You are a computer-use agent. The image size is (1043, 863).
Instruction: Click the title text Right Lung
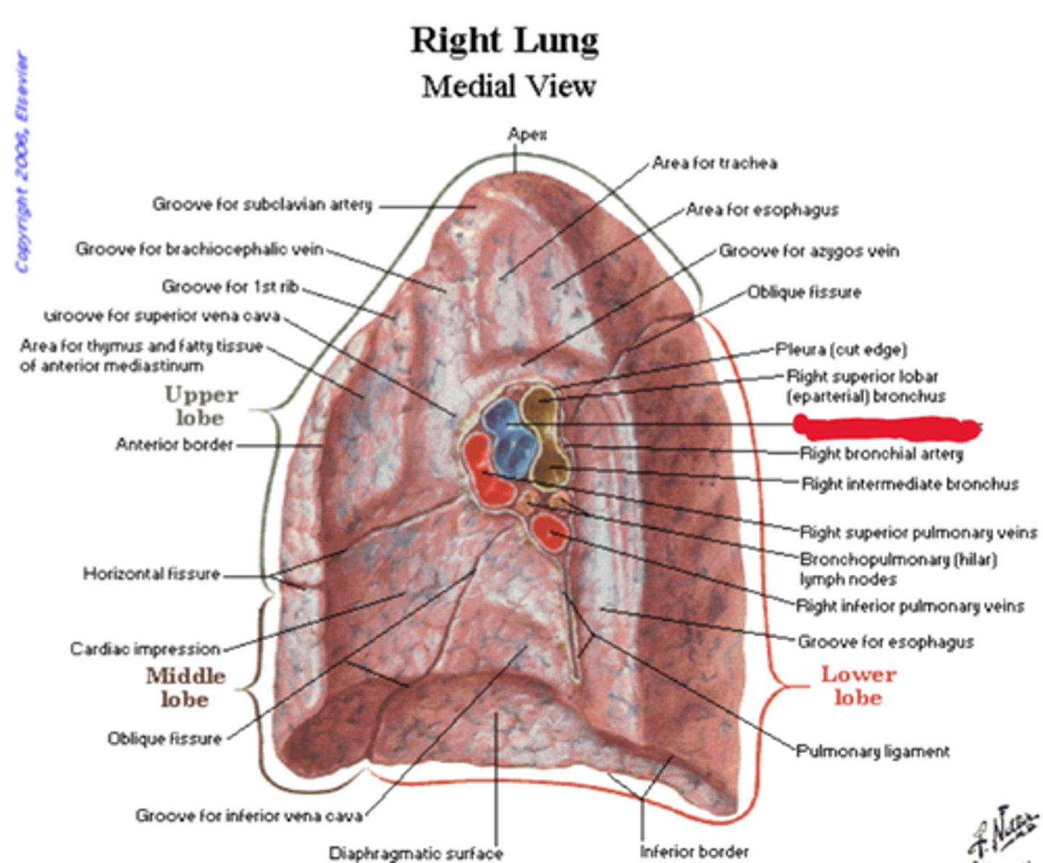[505, 40]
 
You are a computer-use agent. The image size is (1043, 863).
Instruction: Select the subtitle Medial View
[508, 86]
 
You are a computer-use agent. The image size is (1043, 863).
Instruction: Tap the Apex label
[527, 134]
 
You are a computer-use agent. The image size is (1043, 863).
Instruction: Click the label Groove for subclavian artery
[262, 205]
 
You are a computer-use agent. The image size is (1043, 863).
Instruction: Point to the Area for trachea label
[714, 163]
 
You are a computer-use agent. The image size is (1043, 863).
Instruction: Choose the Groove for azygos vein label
[808, 251]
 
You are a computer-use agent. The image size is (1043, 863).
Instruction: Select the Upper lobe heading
[201, 406]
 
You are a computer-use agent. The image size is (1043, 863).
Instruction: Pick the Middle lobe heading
[185, 687]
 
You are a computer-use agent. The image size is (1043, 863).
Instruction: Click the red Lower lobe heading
[858, 685]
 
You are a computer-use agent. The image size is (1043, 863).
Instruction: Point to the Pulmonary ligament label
[873, 752]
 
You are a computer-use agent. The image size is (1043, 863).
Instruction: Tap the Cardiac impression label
[145, 649]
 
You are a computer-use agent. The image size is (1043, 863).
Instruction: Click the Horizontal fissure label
[151, 574]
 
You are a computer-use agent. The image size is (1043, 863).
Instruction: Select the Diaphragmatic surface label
[416, 853]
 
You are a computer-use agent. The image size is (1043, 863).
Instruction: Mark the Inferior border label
[694, 851]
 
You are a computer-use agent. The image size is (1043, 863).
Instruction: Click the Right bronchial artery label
[881, 454]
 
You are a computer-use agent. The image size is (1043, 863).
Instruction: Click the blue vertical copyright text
[23, 163]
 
